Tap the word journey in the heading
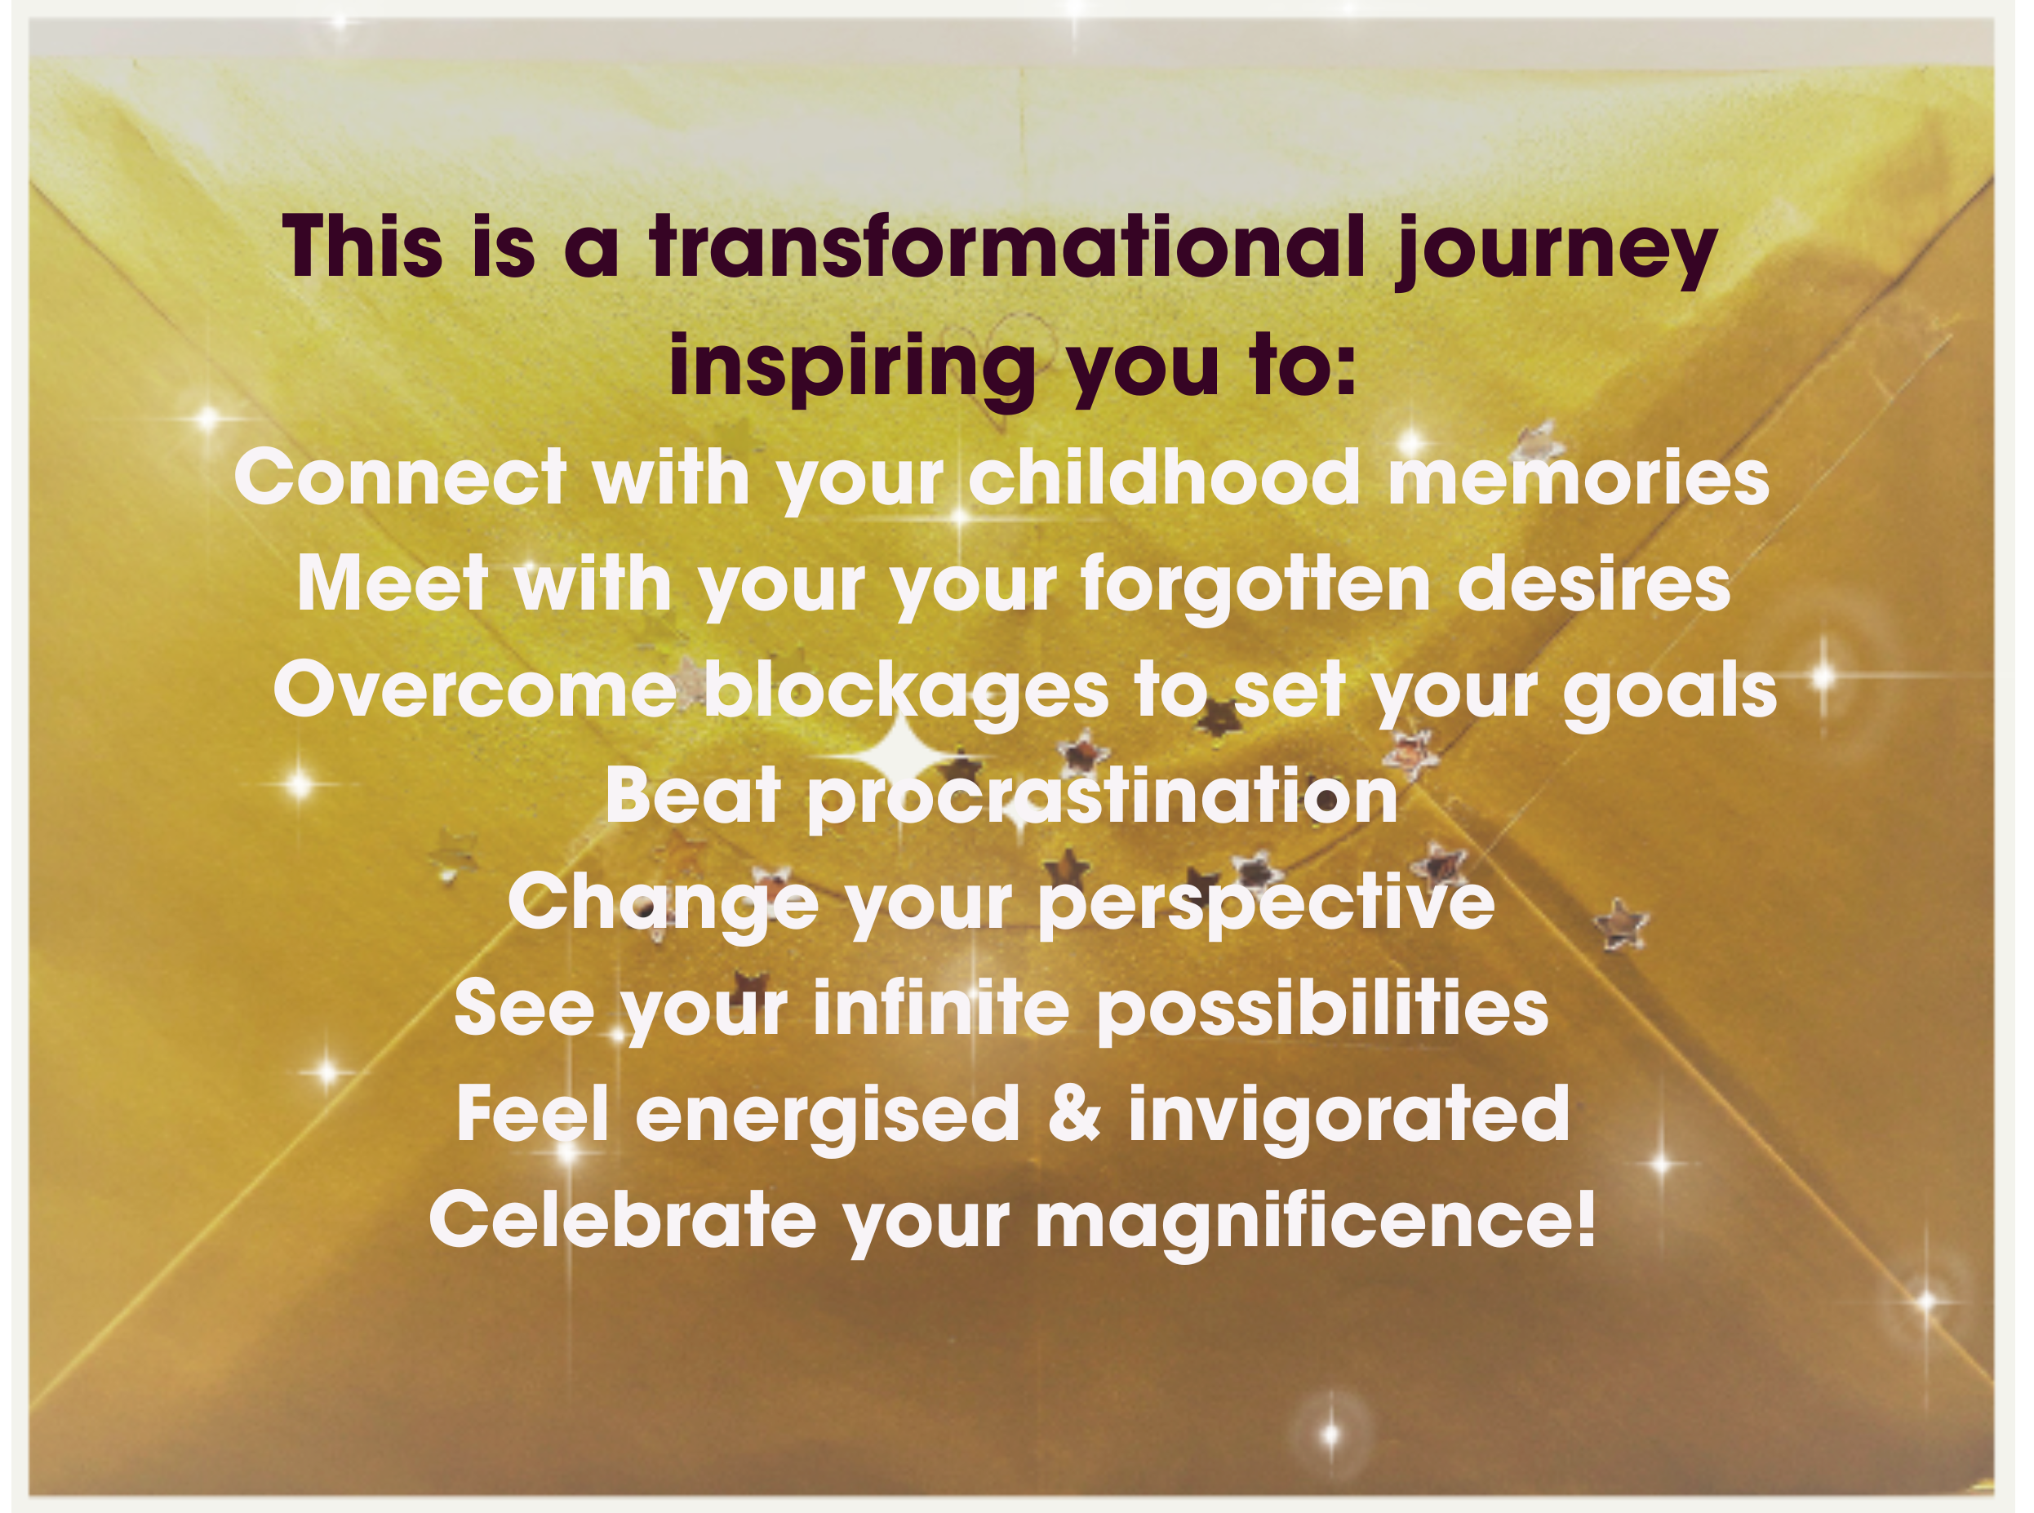[1555, 249]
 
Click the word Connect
[400, 478]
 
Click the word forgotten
[1255, 584]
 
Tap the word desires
[1593, 583]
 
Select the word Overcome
[474, 690]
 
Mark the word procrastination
[1103, 796]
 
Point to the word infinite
[941, 1009]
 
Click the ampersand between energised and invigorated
[1073, 1114]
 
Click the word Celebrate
[623, 1220]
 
